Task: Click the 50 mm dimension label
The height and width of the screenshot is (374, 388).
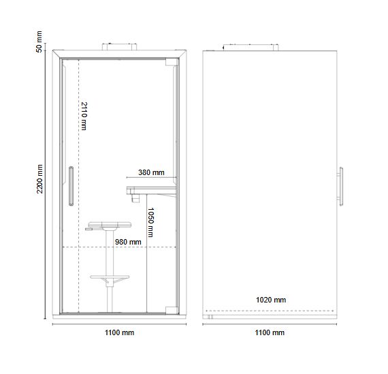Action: point(39,42)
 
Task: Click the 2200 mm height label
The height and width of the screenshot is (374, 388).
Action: point(39,179)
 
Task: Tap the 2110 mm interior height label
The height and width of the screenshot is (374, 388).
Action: point(84,116)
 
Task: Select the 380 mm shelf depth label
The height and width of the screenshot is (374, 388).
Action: point(151,172)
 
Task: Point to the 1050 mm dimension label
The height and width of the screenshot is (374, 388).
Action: point(150,222)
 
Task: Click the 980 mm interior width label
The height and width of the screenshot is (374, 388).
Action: point(128,242)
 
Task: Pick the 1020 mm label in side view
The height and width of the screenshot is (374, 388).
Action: point(271,300)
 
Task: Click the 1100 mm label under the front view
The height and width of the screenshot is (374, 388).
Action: point(120,332)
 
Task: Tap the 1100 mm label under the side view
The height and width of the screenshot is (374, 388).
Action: point(270,332)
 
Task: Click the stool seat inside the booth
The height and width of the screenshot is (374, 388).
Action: point(110,225)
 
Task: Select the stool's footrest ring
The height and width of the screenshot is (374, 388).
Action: point(110,277)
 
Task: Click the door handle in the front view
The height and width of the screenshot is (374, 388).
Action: point(71,186)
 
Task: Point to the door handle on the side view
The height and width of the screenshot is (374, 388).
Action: point(340,187)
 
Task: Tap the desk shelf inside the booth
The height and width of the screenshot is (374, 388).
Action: point(151,190)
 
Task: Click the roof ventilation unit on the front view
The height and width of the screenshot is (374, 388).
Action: point(119,46)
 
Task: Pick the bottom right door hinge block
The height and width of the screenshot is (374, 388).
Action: point(172,311)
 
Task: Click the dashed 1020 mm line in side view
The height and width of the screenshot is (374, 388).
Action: point(270,311)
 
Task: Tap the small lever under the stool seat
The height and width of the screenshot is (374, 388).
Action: point(89,229)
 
